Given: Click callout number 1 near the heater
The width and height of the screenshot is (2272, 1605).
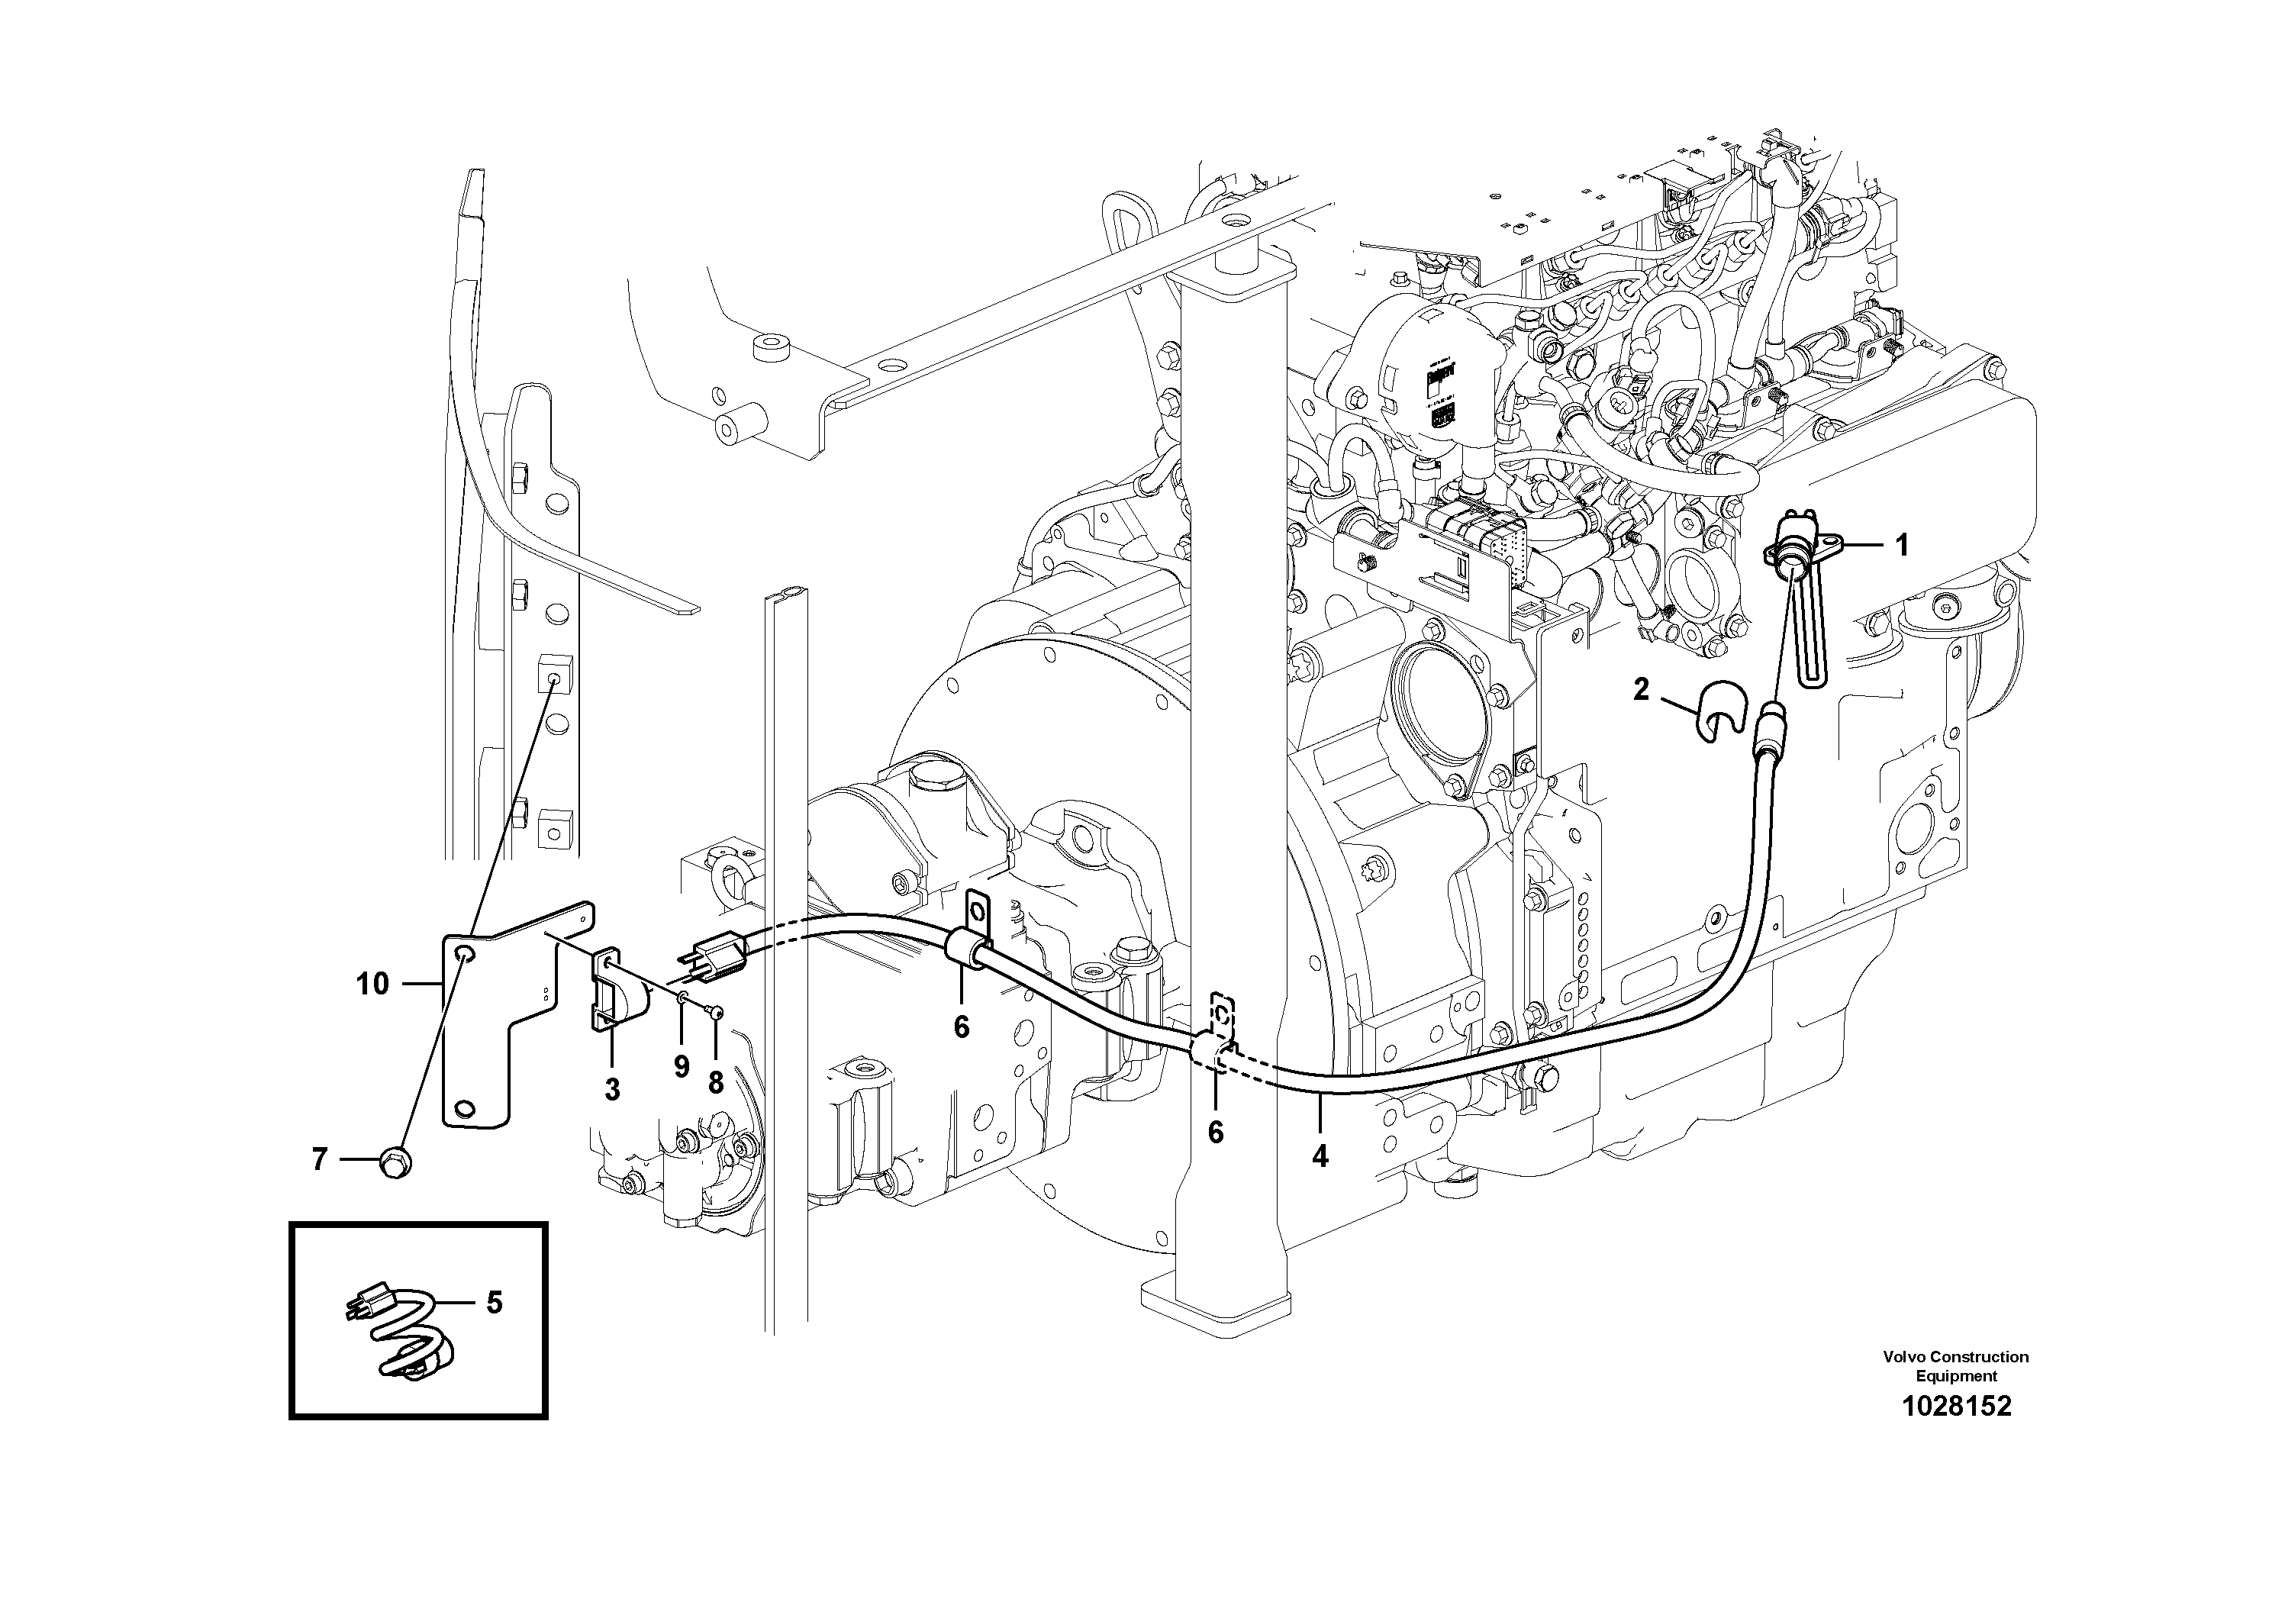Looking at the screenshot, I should click(x=1901, y=545).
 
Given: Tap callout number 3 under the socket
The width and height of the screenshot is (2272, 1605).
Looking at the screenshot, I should click(x=613, y=1089).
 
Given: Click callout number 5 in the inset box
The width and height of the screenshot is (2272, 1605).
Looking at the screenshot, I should click(x=494, y=1302).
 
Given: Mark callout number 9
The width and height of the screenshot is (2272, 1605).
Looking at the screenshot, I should click(x=682, y=1067).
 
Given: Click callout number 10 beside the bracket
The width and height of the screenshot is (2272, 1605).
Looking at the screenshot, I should click(x=373, y=984).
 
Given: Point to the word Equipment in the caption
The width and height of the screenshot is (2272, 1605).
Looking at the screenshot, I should click(x=1955, y=1375).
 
